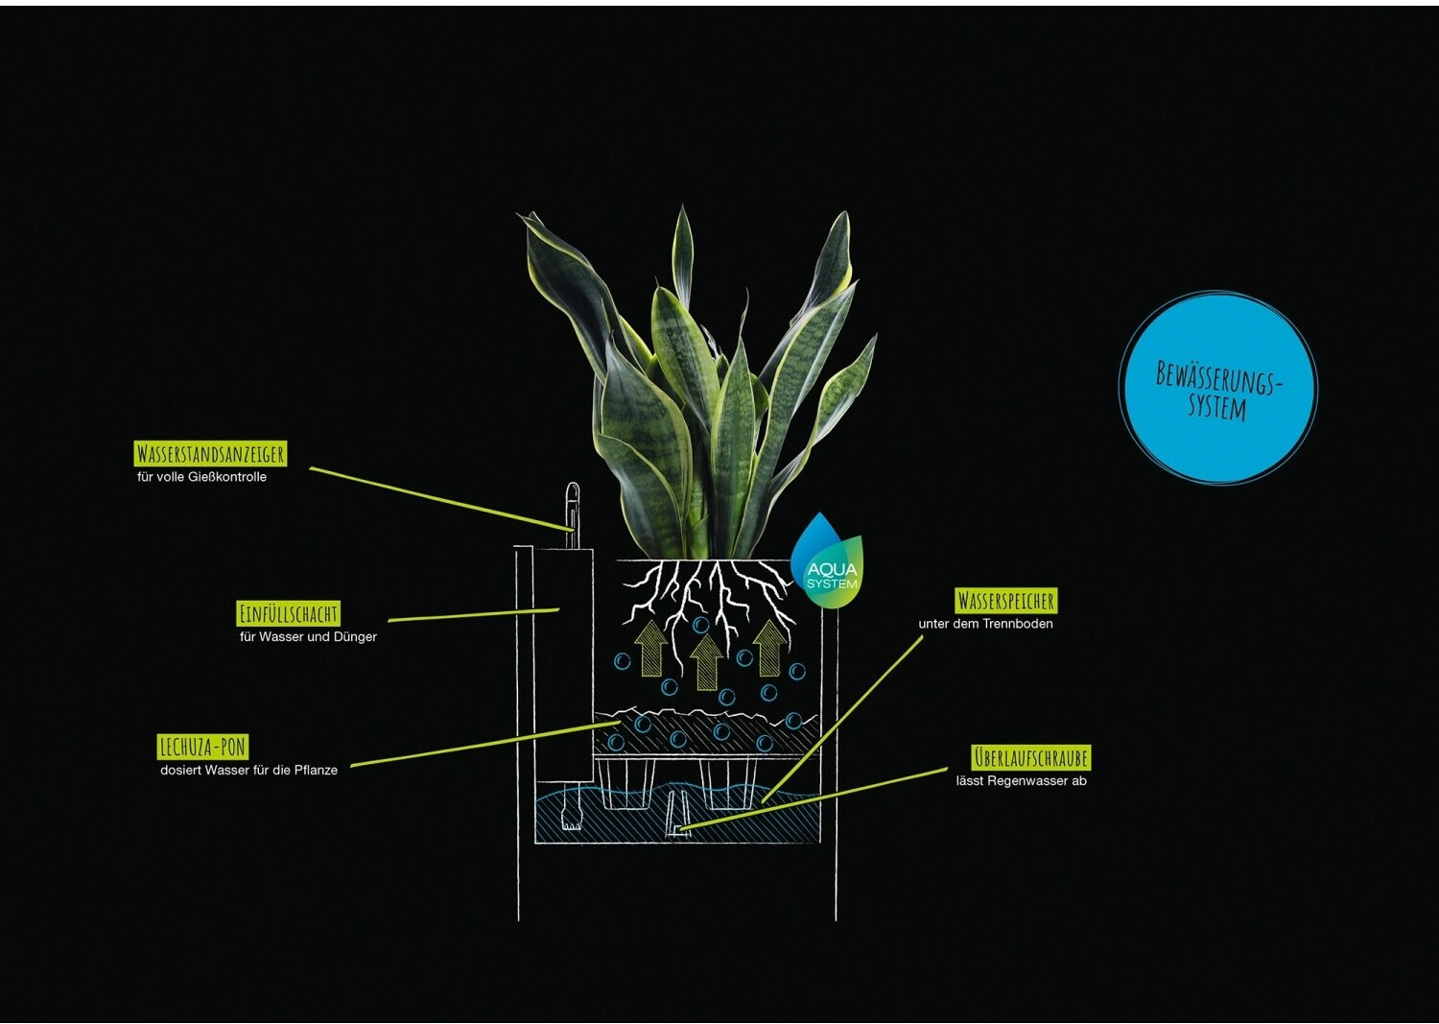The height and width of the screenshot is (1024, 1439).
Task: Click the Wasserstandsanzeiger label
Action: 210,453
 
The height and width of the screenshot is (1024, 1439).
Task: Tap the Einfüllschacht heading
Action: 288,613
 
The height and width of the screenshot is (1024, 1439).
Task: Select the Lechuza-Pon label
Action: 202,747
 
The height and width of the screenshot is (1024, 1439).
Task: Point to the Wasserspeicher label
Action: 1005,601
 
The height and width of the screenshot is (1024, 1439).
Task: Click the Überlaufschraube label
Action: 1031,757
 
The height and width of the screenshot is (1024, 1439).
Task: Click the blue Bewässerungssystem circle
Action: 1218,388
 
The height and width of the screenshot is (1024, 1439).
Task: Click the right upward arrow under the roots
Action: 769,646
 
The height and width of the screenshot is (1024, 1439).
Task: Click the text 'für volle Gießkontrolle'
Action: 201,477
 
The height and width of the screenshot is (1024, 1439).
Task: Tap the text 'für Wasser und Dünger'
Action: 308,636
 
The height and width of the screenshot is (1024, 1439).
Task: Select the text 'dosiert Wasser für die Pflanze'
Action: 248,770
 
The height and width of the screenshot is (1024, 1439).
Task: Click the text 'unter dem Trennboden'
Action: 985,624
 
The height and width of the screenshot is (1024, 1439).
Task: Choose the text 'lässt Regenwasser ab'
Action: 1021,781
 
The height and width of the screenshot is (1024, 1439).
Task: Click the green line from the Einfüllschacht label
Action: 474,615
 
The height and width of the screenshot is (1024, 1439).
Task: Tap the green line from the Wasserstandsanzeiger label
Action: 441,498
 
